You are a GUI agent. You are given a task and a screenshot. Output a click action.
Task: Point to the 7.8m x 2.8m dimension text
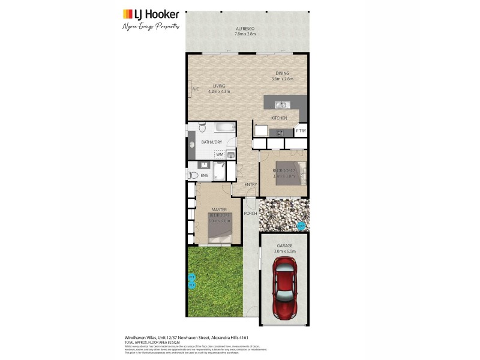pyautogui.click(x=245, y=34)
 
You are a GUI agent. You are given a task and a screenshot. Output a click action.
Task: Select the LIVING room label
pyautogui.click(x=218, y=86)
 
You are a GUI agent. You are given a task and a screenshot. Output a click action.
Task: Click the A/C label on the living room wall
pyautogui.click(x=195, y=90)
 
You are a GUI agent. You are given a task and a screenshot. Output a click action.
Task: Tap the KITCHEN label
pyautogui.click(x=279, y=118)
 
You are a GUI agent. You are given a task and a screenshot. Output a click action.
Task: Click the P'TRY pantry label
pyautogui.click(x=301, y=131)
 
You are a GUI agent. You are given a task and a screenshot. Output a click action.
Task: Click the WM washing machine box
pyautogui.click(x=220, y=155)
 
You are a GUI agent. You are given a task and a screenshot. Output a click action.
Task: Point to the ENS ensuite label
pyautogui.click(x=204, y=175)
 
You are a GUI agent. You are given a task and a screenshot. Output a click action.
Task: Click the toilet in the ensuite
pyautogui.click(x=193, y=175)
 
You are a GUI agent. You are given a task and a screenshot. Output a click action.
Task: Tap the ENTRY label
pyautogui.click(x=251, y=185)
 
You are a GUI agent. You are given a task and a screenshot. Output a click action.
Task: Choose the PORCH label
pyautogui.click(x=250, y=213)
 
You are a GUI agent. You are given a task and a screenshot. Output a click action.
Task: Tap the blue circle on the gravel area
pyautogui.click(x=301, y=226)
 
